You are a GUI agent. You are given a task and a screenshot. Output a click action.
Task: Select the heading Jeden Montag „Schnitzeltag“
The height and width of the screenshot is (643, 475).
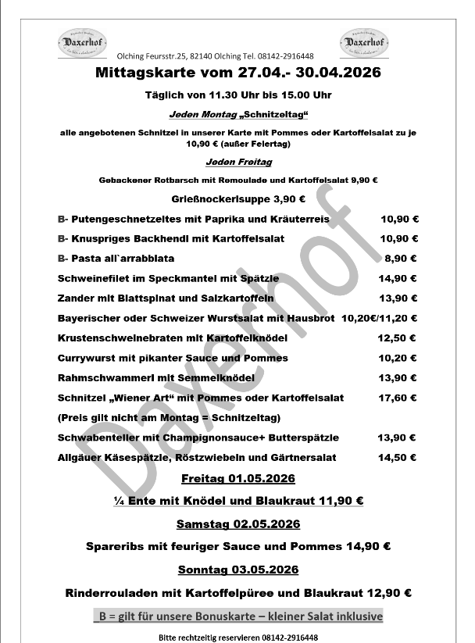click(x=240, y=115)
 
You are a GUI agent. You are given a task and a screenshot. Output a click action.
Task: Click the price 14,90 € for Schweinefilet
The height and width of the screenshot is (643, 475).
click(x=398, y=278)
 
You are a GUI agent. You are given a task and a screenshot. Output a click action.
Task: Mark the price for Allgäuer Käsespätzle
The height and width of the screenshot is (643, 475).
click(x=398, y=457)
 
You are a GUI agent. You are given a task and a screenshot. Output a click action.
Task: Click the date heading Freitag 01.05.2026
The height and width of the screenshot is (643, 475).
click(x=237, y=477)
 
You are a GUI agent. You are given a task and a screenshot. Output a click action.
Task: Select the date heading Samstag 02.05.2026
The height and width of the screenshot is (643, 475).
click(x=237, y=524)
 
